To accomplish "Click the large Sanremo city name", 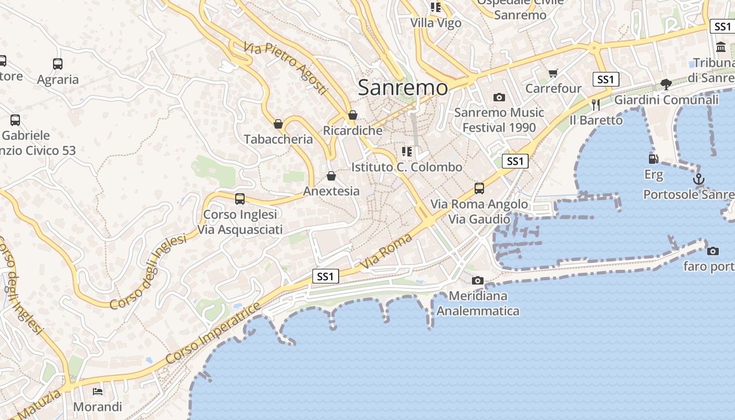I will (x=403, y=88).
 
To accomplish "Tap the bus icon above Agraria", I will (x=58, y=64).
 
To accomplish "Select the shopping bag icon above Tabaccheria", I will (x=278, y=124).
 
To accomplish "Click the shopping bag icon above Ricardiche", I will (x=353, y=115).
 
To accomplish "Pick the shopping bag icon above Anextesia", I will (x=331, y=176).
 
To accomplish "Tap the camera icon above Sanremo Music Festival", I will (x=499, y=97).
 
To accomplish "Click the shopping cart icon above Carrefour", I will (x=553, y=73).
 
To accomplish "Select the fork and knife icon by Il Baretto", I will (x=595, y=104).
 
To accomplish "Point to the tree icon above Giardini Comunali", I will (x=666, y=84).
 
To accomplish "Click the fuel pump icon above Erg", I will (x=654, y=159).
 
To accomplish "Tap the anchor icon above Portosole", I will (x=698, y=180).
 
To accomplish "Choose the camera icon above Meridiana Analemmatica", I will (x=478, y=281).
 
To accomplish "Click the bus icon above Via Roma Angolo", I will (x=479, y=188).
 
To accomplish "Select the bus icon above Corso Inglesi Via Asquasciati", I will (x=240, y=199).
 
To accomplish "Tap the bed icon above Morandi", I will (x=98, y=391).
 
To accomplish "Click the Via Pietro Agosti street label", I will (x=285, y=68).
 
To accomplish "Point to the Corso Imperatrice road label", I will (x=213, y=333).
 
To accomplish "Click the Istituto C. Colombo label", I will (x=407, y=167).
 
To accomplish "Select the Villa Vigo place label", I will (x=436, y=23).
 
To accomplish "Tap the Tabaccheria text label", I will (x=278, y=139).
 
